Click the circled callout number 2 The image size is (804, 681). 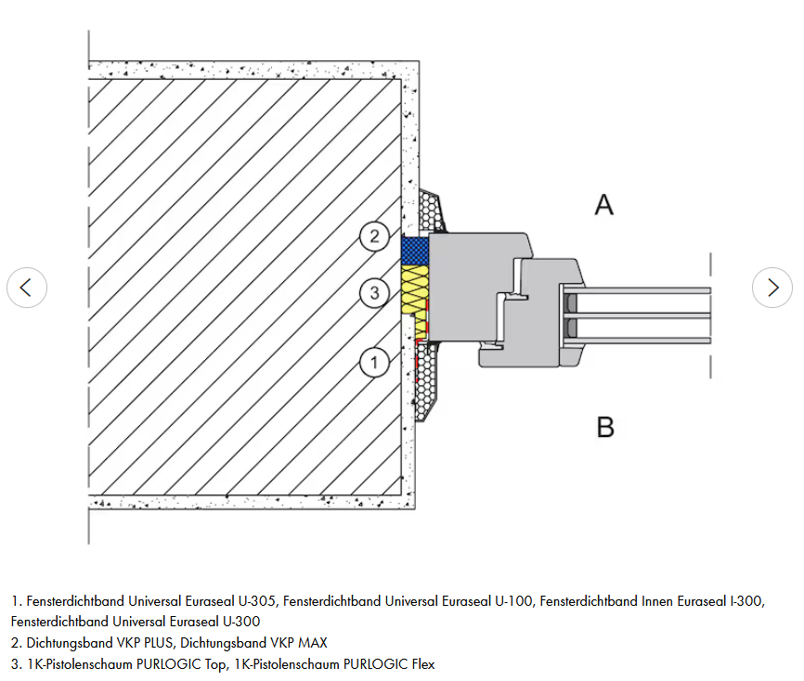374,236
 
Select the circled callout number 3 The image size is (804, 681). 374,294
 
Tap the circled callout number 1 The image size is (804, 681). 374,362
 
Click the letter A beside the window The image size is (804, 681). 604,204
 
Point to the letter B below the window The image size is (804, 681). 605,427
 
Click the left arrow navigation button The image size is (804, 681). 26,288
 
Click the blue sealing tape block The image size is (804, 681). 415,249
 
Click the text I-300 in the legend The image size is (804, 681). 745,601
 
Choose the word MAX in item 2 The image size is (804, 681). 311,642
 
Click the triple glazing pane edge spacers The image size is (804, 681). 570,315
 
